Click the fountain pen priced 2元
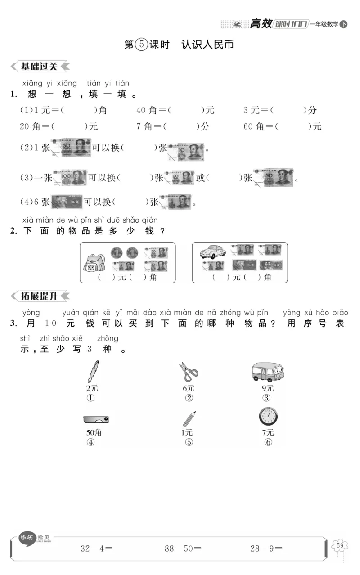[x=94, y=371]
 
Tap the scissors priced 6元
[x=188, y=372]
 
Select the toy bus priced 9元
[x=267, y=372]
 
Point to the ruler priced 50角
[x=96, y=419]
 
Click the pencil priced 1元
[x=189, y=418]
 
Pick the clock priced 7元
[x=268, y=417]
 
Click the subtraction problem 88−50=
[x=183, y=548]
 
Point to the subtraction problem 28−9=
[x=266, y=548]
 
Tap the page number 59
[x=340, y=546]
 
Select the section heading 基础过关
[x=40, y=67]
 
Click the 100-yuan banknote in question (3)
[x=70, y=178]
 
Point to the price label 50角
[x=94, y=432]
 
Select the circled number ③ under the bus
[x=267, y=398]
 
